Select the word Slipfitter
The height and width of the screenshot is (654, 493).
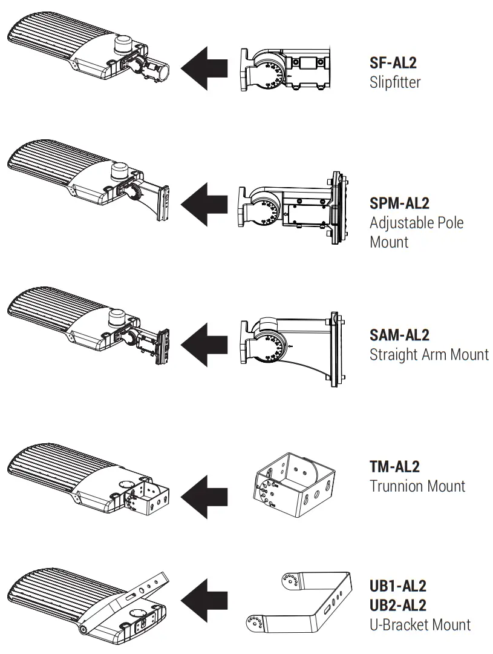tap(395, 82)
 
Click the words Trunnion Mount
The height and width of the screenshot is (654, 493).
tap(417, 486)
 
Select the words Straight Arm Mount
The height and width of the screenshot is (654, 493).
tap(429, 354)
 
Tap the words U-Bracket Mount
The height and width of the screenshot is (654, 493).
tap(420, 624)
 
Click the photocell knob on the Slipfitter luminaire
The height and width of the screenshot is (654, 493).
tap(123, 45)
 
